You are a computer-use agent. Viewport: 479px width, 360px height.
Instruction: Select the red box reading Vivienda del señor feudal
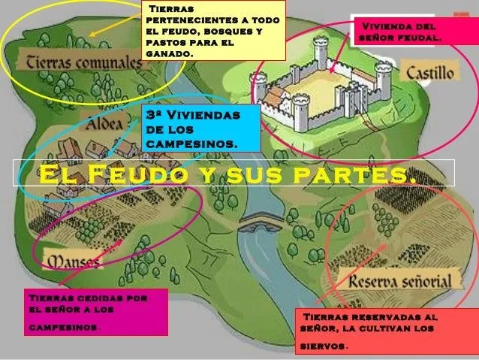point(402,32)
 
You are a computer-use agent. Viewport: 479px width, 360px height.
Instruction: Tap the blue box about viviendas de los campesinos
point(200,128)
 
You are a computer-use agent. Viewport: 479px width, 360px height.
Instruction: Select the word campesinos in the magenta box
point(64,328)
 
